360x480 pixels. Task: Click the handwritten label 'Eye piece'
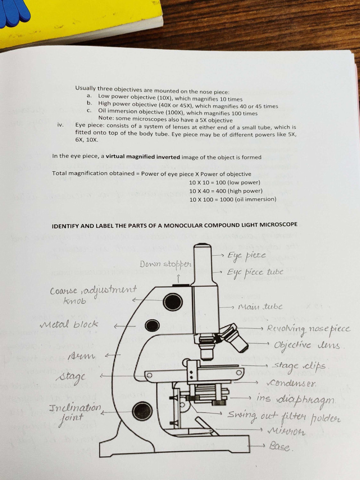[x=246, y=256]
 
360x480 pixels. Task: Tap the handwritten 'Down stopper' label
[x=165, y=264]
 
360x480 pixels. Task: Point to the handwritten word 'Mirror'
[x=286, y=431]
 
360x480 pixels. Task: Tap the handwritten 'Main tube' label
[x=261, y=307]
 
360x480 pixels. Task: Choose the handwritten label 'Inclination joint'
[x=75, y=412]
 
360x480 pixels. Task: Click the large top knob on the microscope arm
[x=172, y=302]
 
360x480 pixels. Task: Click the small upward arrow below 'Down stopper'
[x=178, y=278]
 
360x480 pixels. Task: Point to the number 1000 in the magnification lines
[x=226, y=199]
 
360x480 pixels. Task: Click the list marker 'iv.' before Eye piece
[x=60, y=125]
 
